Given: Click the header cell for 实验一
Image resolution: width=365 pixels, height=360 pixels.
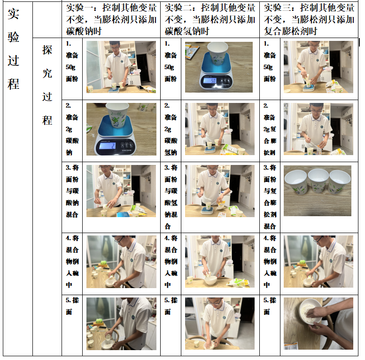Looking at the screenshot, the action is coord(111,20).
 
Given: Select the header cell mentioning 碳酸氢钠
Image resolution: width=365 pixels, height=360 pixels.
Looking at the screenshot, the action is coord(210,20).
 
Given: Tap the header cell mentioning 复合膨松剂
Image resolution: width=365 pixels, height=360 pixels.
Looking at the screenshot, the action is coord(309,20).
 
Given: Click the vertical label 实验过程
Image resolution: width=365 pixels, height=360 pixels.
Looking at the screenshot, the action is coord(13,49).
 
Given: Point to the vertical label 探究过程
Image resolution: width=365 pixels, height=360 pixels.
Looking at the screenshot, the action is coord(47,85).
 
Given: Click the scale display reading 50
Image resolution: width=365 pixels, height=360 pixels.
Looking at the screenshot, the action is coord(210,81).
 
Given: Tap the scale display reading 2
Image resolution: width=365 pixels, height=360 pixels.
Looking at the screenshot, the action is coord(108,146).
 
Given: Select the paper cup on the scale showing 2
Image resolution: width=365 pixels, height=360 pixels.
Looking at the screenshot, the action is coord(117,115).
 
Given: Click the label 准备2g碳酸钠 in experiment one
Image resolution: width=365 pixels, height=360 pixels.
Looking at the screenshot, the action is coord(72,129).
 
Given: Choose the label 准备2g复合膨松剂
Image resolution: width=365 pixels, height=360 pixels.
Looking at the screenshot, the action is coord(270,129).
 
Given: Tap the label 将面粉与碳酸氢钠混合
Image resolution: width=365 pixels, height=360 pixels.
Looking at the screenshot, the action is coord(171,197).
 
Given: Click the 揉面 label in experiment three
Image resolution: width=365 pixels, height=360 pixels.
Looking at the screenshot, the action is coord(270,306).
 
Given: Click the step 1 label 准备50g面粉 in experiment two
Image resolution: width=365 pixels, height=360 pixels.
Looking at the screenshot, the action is coord(171,61).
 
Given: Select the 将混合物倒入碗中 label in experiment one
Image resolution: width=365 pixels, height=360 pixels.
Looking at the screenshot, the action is coord(72,261).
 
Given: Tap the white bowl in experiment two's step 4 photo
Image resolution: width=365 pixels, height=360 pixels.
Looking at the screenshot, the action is coord(210,280).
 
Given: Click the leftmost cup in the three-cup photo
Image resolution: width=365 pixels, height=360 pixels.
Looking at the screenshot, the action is coord(295,182).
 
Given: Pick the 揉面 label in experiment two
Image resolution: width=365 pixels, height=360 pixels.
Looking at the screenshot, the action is coord(171,306).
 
